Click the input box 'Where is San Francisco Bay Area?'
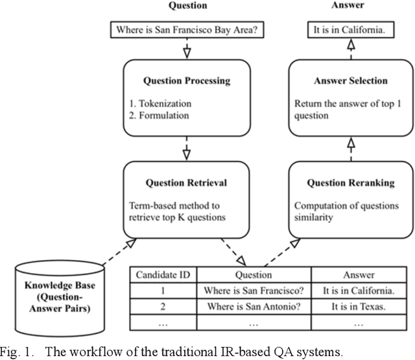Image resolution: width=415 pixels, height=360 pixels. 187,29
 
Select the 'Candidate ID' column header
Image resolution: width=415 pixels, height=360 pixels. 165,275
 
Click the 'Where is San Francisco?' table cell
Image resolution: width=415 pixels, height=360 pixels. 255,290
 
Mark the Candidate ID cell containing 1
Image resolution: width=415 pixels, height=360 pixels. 165,290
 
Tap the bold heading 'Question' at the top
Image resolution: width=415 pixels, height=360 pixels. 188,5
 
